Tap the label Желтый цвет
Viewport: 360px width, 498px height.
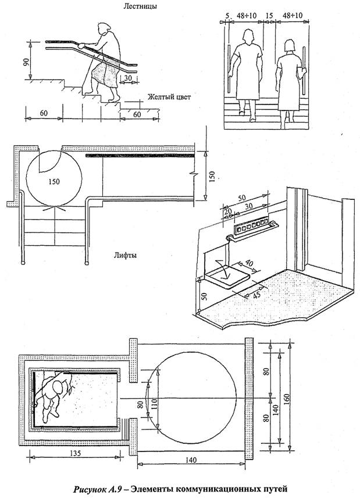[x=169, y=96]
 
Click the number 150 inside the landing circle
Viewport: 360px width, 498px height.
[x=54, y=181]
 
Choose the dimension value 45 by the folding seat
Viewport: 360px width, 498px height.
[x=254, y=296]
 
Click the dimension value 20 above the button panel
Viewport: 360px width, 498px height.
[x=226, y=211]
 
